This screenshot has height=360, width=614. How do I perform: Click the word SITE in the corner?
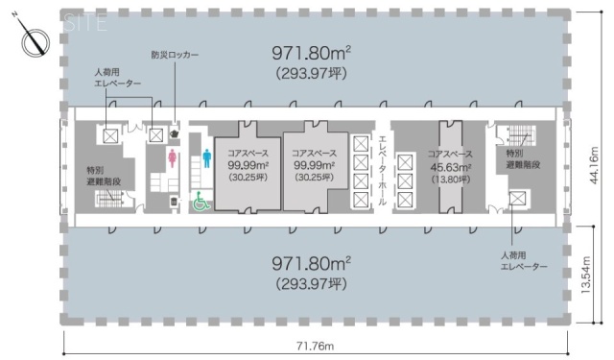[x=83, y=24]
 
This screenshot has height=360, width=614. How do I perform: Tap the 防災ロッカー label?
[x=176, y=56]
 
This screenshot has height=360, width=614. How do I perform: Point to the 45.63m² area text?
[x=450, y=166]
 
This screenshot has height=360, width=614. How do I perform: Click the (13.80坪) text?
[x=450, y=179]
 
